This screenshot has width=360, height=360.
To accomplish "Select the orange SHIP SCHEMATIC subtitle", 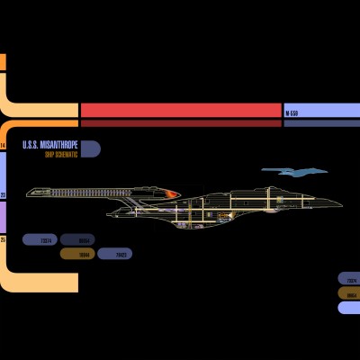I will [61, 155].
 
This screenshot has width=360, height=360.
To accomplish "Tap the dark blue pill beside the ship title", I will [90, 149].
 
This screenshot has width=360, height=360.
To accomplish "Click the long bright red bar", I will [180, 110].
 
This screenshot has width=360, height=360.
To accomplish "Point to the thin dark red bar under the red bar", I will [180, 123].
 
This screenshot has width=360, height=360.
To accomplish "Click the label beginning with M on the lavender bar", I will [292, 113].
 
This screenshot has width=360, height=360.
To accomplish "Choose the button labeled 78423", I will [121, 255].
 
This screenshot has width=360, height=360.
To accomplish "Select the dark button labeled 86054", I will [84, 241].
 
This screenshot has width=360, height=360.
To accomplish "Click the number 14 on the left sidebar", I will [3, 145].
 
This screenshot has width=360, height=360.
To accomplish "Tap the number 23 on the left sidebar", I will [3, 193].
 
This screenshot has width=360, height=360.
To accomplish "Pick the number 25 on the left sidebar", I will [3, 240].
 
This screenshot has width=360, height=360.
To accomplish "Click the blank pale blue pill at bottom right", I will [348, 308].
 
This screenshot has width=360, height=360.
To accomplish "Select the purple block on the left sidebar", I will [3, 216].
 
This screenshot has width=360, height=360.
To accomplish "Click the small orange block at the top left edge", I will [3, 62].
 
